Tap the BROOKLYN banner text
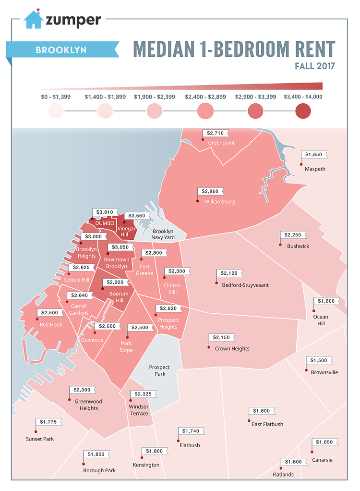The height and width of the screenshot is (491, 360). tap(60, 49)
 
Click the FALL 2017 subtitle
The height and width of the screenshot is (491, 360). tap(315, 65)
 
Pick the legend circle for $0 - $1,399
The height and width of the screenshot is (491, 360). tap(56, 111)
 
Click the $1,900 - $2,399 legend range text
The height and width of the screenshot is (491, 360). tap(155, 97)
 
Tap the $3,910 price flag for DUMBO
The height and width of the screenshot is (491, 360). tap(105, 212)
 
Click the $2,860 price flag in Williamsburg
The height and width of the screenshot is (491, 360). tap(210, 191)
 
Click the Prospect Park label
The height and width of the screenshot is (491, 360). tap(159, 370)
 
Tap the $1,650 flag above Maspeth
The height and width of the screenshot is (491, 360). tap(315, 155)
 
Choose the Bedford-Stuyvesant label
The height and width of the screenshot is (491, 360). tap(245, 285)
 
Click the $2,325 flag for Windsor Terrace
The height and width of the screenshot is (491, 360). tap(144, 394)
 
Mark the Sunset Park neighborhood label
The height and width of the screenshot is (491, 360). tap(40, 439)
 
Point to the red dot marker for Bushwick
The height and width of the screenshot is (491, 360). tap(280, 245)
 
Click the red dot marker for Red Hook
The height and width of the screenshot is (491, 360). tap(37, 318)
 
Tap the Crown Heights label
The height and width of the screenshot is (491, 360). tap(232, 349)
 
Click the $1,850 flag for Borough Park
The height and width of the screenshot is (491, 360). tap(96, 454)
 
